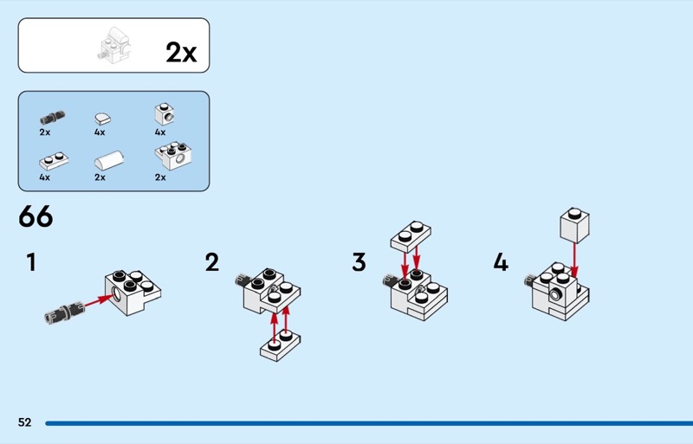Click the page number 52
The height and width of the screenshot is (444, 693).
[x=25, y=422]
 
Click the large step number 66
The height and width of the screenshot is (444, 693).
[x=36, y=216]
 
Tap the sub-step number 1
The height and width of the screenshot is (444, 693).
[x=31, y=262]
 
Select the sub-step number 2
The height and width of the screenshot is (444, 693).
[x=212, y=262]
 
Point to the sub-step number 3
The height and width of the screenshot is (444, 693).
[x=359, y=262]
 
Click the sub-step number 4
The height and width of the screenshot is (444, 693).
[x=501, y=262]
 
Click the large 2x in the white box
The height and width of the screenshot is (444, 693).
[x=181, y=53]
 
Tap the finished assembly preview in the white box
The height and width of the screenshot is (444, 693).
[x=114, y=46]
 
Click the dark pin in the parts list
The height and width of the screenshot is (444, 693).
[x=52, y=118]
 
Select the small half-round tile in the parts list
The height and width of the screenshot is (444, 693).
[x=102, y=119]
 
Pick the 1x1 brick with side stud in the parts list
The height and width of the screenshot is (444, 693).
[x=165, y=114]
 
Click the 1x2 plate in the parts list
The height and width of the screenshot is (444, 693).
[x=54, y=161]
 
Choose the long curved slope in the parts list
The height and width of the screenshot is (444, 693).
[x=109, y=160]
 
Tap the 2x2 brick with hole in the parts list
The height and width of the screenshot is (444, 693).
[x=173, y=156]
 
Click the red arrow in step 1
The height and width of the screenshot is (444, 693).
[x=98, y=300]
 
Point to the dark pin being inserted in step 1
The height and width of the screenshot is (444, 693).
[x=64, y=311]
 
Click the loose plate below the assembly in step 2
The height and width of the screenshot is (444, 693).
[x=280, y=346]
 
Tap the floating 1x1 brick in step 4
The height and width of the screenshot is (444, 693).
[x=574, y=225]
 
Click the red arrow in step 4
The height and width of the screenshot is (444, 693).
[x=574, y=260]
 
